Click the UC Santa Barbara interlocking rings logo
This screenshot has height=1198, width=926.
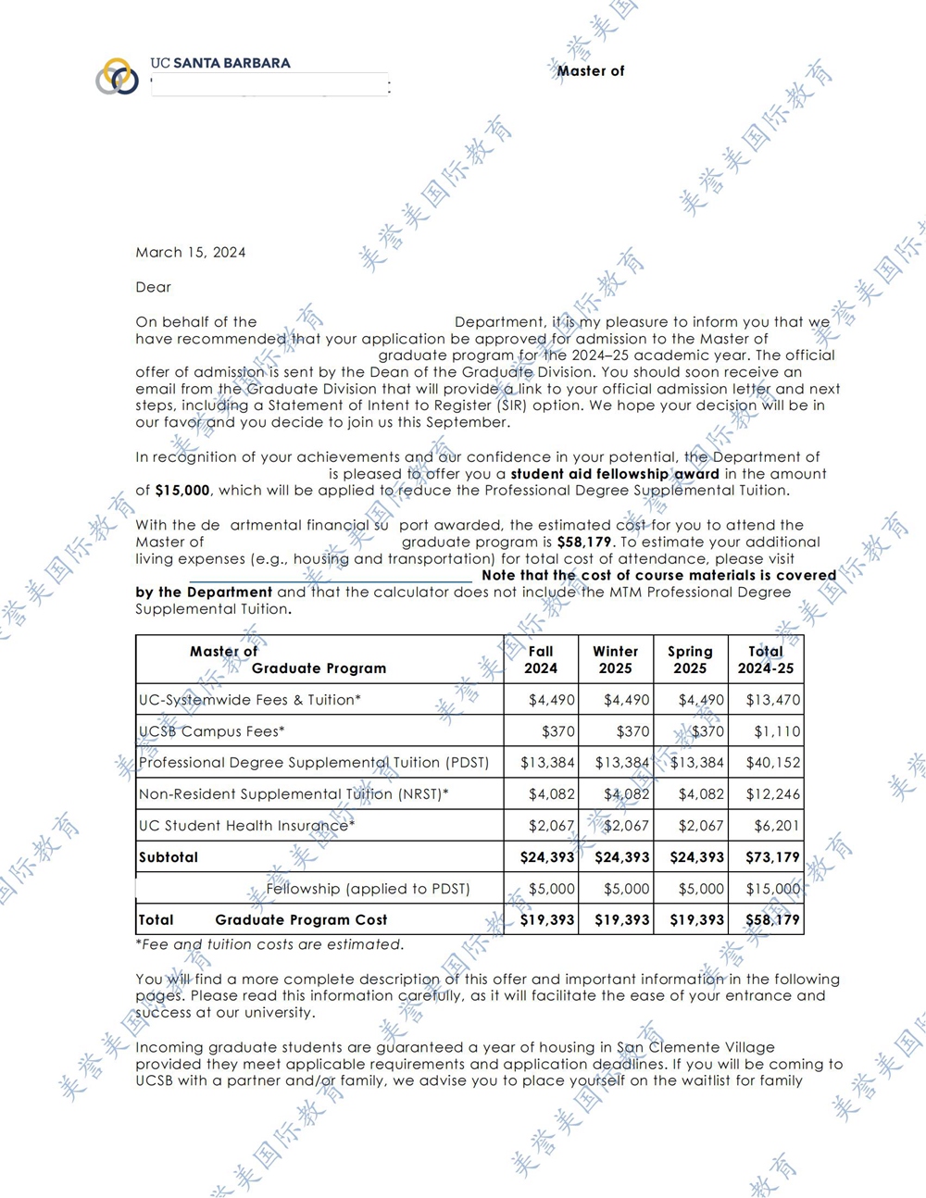tap(117, 76)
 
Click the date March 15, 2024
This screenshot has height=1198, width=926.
tap(191, 252)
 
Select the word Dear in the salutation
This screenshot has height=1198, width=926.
tap(154, 287)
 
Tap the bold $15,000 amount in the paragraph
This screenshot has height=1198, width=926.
tap(182, 490)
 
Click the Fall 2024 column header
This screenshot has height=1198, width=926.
tap(541, 659)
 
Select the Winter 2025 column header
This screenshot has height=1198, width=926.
tap(616, 659)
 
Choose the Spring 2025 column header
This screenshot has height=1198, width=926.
tap(690, 659)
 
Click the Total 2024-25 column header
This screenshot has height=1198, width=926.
tap(766, 659)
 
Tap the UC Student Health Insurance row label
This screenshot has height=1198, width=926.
tap(246, 826)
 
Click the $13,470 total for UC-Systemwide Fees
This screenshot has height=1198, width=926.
tap(773, 700)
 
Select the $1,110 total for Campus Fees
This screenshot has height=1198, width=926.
tap(777, 731)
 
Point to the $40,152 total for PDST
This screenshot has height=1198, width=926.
tap(773, 763)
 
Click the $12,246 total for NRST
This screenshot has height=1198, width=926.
tap(773, 794)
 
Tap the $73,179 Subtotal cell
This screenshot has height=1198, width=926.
tap(772, 857)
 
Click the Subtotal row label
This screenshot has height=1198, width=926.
tap(169, 857)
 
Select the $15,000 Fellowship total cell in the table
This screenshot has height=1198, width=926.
tap(773, 889)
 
